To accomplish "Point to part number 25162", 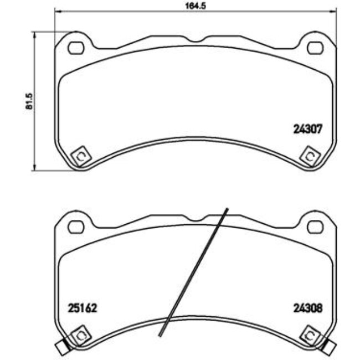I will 82,309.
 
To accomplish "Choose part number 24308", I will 307,309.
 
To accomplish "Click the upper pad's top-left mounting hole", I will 75,48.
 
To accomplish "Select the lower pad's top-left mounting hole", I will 75,227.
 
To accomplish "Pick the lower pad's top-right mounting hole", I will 315,227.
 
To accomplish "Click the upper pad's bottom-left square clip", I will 81,156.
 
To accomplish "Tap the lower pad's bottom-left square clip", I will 81,336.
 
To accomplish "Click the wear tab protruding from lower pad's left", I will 61,348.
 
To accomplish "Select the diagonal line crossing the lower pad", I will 194,271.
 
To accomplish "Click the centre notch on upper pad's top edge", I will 195,40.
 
